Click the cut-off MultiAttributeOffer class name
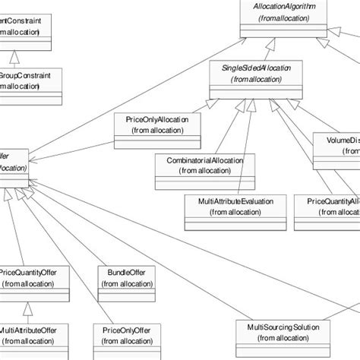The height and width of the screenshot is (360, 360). coord(30,331)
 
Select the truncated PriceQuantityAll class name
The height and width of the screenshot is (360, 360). coord(333,201)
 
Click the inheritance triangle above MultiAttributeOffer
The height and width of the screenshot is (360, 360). coord(27,308)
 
